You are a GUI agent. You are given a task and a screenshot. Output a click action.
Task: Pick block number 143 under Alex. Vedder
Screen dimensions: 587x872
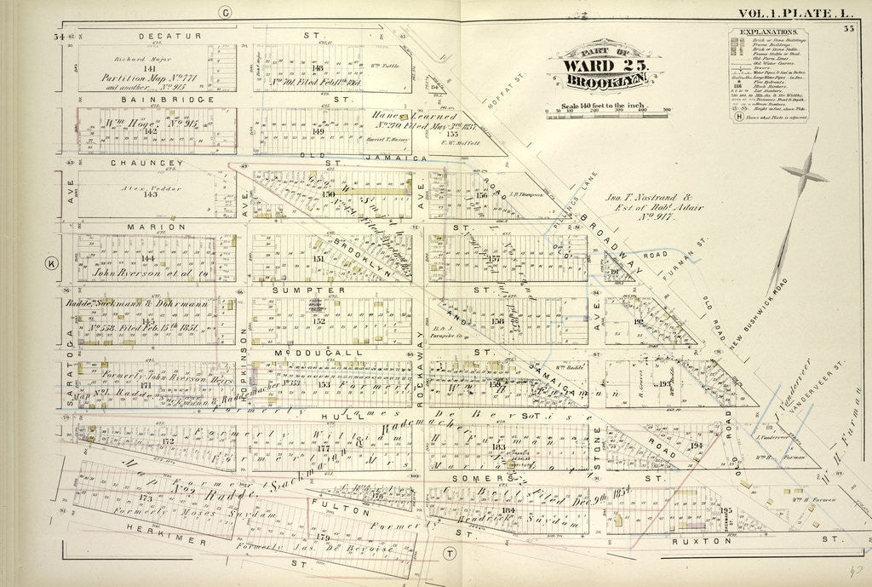coord(151,194)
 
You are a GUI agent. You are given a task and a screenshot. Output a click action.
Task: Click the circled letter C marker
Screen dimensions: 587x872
coord(226,12)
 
